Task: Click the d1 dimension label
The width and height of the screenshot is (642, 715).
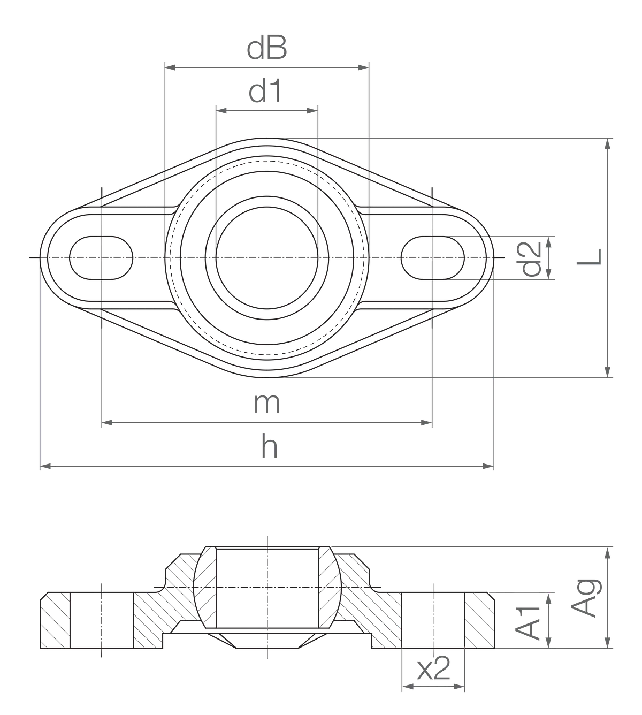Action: click(x=265, y=91)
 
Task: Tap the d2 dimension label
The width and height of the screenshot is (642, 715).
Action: click(x=531, y=258)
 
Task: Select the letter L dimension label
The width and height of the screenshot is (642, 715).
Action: click(x=590, y=256)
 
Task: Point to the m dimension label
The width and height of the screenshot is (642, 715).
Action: click(x=266, y=404)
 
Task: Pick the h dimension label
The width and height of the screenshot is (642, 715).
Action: click(x=269, y=446)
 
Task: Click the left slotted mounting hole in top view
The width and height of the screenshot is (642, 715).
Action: click(x=101, y=258)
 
